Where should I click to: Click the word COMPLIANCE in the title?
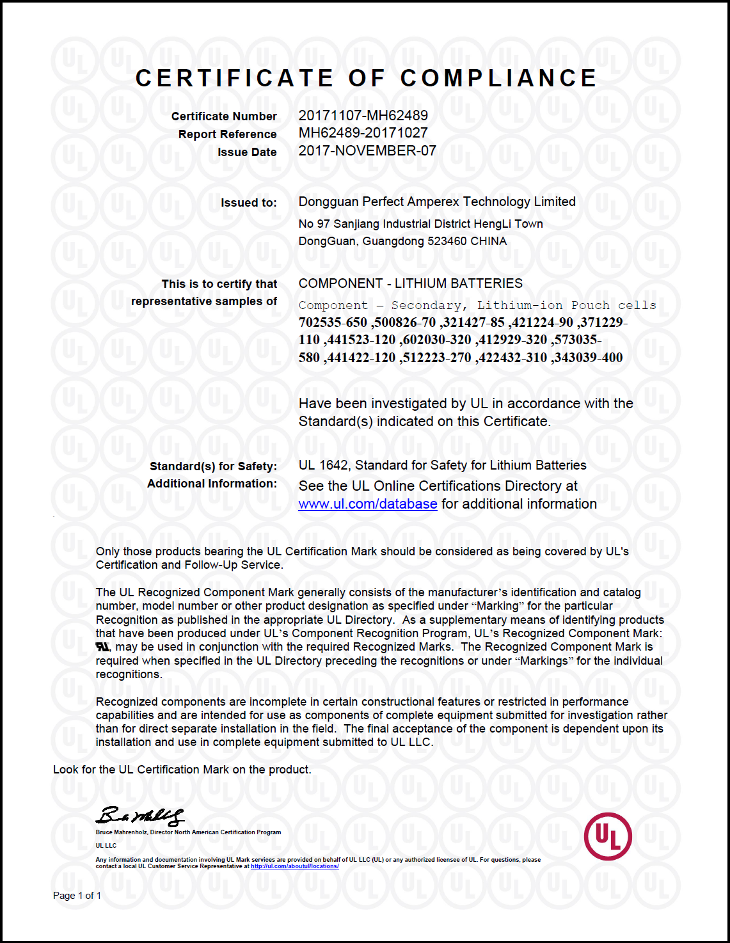(x=498, y=78)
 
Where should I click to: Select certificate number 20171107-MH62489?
(x=363, y=116)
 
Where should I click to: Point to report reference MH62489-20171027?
(x=363, y=133)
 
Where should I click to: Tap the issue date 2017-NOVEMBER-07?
(x=367, y=151)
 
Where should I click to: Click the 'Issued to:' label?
(x=248, y=203)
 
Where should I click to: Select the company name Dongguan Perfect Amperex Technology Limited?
(x=437, y=202)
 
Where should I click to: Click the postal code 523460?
(x=447, y=241)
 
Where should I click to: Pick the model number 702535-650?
(x=333, y=322)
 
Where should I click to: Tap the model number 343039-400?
(x=588, y=358)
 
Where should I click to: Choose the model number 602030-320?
(x=437, y=340)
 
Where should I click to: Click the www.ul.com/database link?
(x=368, y=504)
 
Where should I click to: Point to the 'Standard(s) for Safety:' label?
(x=213, y=466)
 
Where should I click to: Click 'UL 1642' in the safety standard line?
(x=324, y=466)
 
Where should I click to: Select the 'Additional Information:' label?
(x=212, y=484)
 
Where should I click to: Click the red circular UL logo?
(x=608, y=836)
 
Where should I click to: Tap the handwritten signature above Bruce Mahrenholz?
(x=140, y=816)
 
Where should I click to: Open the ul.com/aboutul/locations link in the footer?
(x=294, y=866)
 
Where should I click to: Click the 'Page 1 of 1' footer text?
(x=77, y=896)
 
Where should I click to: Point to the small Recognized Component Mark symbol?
(x=102, y=647)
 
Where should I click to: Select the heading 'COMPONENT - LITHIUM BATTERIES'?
(x=410, y=283)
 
